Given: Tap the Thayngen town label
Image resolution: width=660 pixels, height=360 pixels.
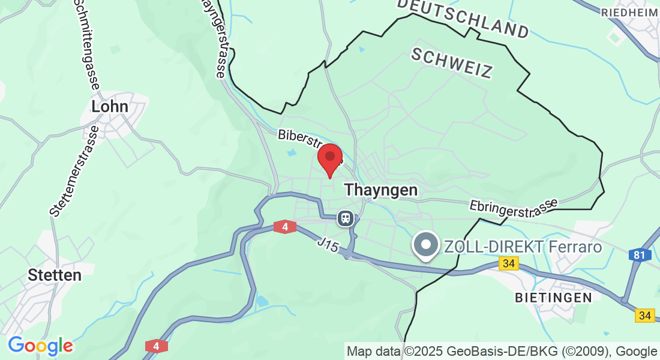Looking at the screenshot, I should [380, 190].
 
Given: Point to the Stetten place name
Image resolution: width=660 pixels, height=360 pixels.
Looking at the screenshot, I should [55, 275].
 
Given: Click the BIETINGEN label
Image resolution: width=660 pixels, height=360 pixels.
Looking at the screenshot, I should [553, 297].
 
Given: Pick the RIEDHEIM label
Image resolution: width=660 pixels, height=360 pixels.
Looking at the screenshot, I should [629, 13].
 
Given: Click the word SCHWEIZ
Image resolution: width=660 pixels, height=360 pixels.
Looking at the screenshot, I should [452, 62].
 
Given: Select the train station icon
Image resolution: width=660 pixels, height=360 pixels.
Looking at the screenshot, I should [345, 218].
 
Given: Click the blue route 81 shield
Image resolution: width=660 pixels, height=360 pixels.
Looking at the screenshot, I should [640, 255].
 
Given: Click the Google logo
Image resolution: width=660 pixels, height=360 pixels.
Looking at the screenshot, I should [40, 346].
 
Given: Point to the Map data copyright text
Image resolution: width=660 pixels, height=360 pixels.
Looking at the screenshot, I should [502, 351].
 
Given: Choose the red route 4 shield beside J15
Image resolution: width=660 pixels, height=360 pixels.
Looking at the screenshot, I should [284, 227].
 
